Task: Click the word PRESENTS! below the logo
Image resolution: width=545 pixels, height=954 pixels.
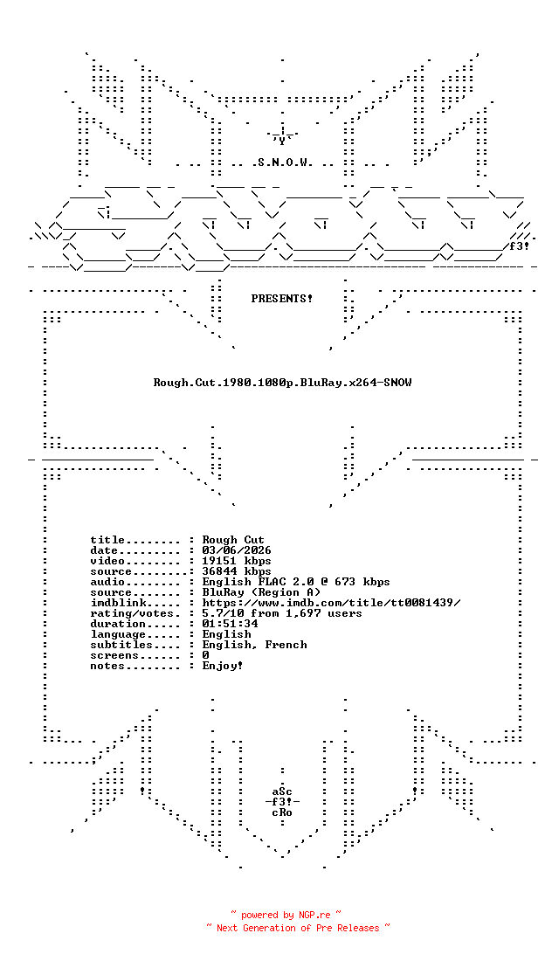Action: [x=281, y=299]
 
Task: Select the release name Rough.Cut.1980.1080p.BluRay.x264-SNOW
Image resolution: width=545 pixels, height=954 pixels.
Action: [x=282, y=383]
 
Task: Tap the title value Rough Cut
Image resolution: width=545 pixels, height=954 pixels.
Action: [x=233, y=540]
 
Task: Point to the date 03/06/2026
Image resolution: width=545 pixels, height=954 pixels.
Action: [x=237, y=550]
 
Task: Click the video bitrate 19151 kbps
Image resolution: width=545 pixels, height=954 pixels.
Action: [x=237, y=561]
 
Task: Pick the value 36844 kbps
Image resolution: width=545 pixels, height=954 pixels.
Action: [x=237, y=571]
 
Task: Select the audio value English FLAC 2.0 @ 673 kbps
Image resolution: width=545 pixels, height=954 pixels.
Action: [x=296, y=582]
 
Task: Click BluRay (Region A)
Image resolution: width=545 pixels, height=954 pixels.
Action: [x=261, y=592]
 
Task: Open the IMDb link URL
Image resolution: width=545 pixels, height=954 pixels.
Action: [x=332, y=602]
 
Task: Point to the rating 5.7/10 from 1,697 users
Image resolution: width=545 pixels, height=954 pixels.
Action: [x=282, y=613]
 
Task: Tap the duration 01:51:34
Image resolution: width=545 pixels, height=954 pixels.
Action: [x=230, y=624]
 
